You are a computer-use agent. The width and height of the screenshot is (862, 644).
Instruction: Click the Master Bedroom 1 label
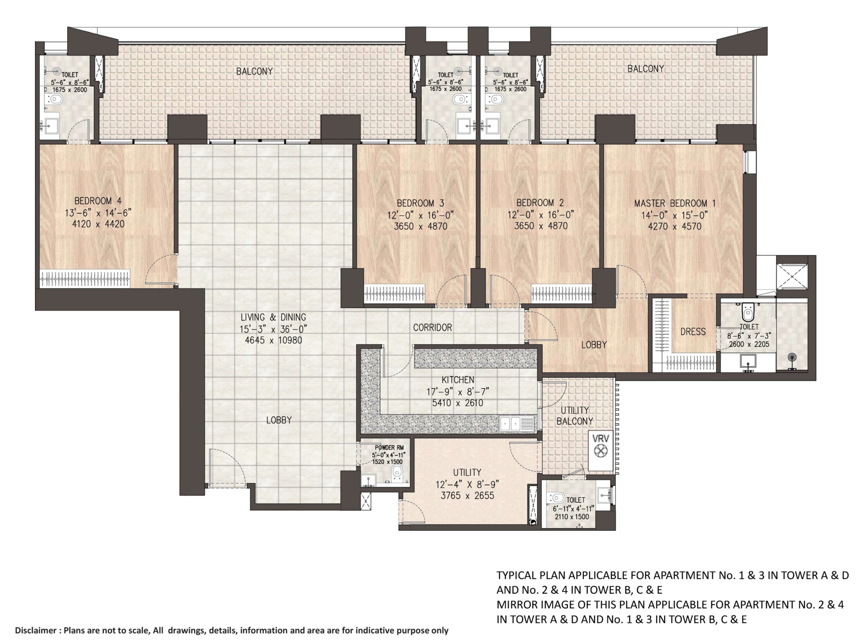pos(675,203)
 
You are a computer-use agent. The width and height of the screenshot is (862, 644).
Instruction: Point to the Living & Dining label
pos(273,317)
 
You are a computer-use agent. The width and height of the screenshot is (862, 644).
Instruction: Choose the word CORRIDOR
pos(433,328)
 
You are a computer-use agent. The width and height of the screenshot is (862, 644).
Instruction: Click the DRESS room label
pos(693,332)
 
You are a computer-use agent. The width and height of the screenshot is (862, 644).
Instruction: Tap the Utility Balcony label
pos(575,416)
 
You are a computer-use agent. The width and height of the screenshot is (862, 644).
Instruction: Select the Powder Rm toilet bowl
pos(397,473)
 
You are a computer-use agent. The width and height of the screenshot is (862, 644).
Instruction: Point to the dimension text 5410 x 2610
pos(458,403)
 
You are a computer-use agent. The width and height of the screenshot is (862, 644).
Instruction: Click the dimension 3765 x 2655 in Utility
pos(467,496)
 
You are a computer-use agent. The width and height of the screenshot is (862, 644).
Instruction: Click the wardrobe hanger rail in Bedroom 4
pos(85,278)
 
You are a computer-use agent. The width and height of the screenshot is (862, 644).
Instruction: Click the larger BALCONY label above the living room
pos(255,71)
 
